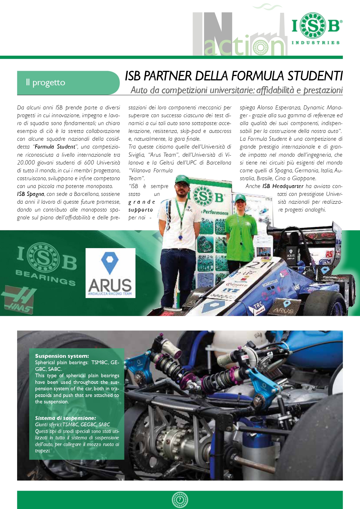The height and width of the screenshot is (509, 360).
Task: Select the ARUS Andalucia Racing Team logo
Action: pyautogui.click(x=110, y=273)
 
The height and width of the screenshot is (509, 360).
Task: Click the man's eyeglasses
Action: pyautogui.click(x=182, y=185)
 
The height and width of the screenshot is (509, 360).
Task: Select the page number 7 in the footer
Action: pyautogui.click(x=180, y=500)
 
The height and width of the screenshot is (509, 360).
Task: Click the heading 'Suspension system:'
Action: pyautogui.click(x=62, y=356)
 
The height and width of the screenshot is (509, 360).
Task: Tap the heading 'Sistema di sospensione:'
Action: pyautogui.click(x=65, y=418)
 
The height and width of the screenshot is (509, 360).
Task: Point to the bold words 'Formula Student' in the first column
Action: pyautogui.click(x=55, y=147)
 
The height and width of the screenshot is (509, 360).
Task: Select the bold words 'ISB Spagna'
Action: pyautogui.click(x=30, y=194)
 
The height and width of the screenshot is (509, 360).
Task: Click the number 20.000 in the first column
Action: pyautogui.click(x=26, y=163)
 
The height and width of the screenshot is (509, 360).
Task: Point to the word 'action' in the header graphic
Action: pyautogui.click(x=244, y=46)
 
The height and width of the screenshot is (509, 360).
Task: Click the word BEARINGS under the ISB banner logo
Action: pyautogui.click(x=46, y=277)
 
